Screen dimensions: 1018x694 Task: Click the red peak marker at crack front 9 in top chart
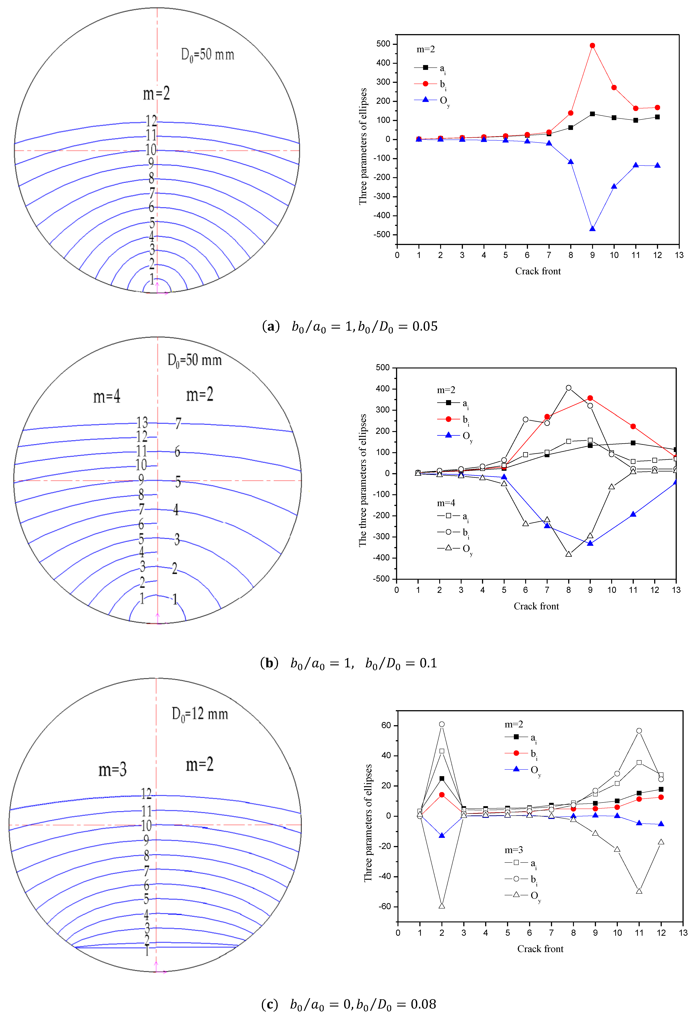coord(592,46)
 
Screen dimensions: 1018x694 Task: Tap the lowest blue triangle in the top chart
coord(592,229)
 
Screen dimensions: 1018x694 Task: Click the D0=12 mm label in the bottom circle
coord(200,714)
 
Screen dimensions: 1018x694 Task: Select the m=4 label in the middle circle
coord(107,396)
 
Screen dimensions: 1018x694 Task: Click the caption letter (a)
coord(270,326)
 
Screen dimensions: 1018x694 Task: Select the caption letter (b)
coord(269,663)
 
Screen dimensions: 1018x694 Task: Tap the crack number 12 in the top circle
coord(151,121)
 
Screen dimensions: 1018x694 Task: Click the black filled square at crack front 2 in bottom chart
coord(442,778)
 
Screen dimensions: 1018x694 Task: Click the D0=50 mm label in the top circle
coord(208,55)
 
